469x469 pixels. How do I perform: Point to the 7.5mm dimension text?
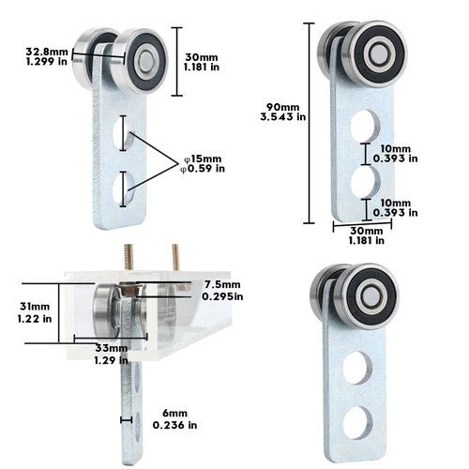click(x=222, y=284)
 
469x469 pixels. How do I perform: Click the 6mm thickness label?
click(x=174, y=414)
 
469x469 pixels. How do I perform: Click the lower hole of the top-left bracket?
click(x=121, y=188)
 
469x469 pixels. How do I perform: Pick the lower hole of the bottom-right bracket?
click(x=356, y=424)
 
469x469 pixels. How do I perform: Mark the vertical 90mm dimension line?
click(x=310, y=122)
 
